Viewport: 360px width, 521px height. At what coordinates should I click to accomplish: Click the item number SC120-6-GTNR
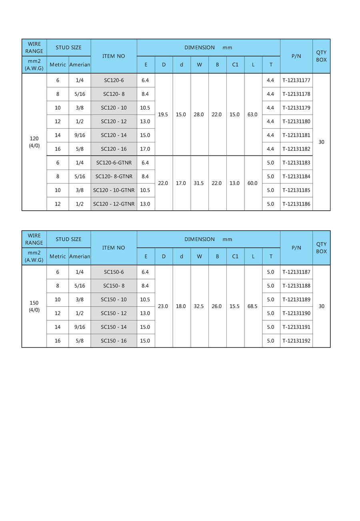click(x=114, y=163)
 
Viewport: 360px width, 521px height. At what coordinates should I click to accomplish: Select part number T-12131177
click(x=296, y=80)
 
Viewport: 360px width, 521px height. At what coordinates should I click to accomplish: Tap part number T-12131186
click(x=296, y=204)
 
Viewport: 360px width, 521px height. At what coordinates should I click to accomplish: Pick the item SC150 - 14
click(x=114, y=327)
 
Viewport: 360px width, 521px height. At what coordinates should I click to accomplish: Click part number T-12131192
click(x=296, y=341)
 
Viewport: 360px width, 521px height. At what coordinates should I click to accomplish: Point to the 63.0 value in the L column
click(x=253, y=114)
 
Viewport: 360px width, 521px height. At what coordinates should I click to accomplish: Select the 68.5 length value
click(x=253, y=306)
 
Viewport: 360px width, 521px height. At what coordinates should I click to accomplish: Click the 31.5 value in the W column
click(x=199, y=183)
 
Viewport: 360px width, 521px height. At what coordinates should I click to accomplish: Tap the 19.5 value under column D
click(x=163, y=114)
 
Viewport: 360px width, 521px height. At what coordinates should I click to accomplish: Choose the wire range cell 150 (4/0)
click(x=34, y=306)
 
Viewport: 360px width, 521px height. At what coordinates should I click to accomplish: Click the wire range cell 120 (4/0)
click(x=34, y=142)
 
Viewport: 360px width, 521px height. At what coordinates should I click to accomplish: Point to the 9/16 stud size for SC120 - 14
click(x=80, y=135)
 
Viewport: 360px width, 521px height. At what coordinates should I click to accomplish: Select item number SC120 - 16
click(x=114, y=149)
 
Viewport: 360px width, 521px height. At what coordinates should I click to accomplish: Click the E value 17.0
click(x=146, y=149)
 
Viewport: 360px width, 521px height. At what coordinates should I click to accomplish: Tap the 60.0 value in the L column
click(x=253, y=183)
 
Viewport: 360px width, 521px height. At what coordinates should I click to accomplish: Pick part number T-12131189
click(x=296, y=299)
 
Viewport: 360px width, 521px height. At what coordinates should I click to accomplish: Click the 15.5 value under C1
click(x=235, y=306)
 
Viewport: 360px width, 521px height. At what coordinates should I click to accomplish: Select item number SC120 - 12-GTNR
click(x=114, y=204)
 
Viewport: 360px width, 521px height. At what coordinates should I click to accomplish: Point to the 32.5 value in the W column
click(x=199, y=306)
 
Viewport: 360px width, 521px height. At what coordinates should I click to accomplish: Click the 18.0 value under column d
click(x=181, y=306)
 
